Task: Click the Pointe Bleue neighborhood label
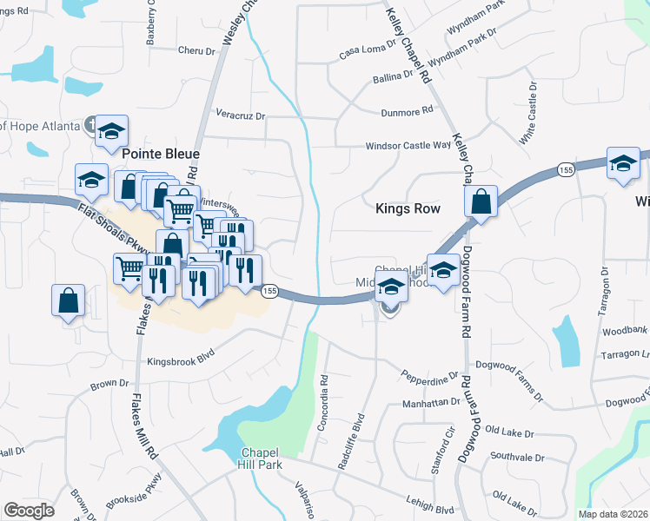[x=161, y=154]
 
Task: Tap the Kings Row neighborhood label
[x=408, y=208]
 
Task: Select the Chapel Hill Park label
[x=262, y=459]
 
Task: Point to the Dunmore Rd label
[x=407, y=112]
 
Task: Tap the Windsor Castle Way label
[x=408, y=146]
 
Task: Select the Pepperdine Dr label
[x=429, y=376]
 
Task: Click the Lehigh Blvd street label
[x=431, y=500]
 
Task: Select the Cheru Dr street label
[x=196, y=51]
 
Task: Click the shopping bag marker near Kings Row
[x=481, y=202]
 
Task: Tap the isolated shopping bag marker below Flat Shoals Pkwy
[x=69, y=301]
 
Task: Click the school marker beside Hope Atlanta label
[x=111, y=131]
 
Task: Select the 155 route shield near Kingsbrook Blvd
[x=269, y=293]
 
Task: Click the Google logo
[x=30, y=511]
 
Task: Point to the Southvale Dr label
[x=516, y=457]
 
